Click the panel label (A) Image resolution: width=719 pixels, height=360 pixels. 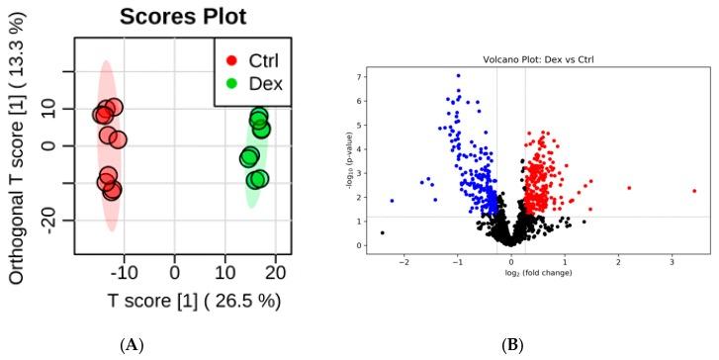pyautogui.click(x=131, y=345)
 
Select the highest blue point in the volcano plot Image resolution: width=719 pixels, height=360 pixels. pyautogui.click(x=458, y=75)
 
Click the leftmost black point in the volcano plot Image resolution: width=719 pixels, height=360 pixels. pyautogui.click(x=383, y=232)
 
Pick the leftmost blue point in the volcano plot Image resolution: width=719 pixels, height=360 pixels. pyautogui.click(x=392, y=201)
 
